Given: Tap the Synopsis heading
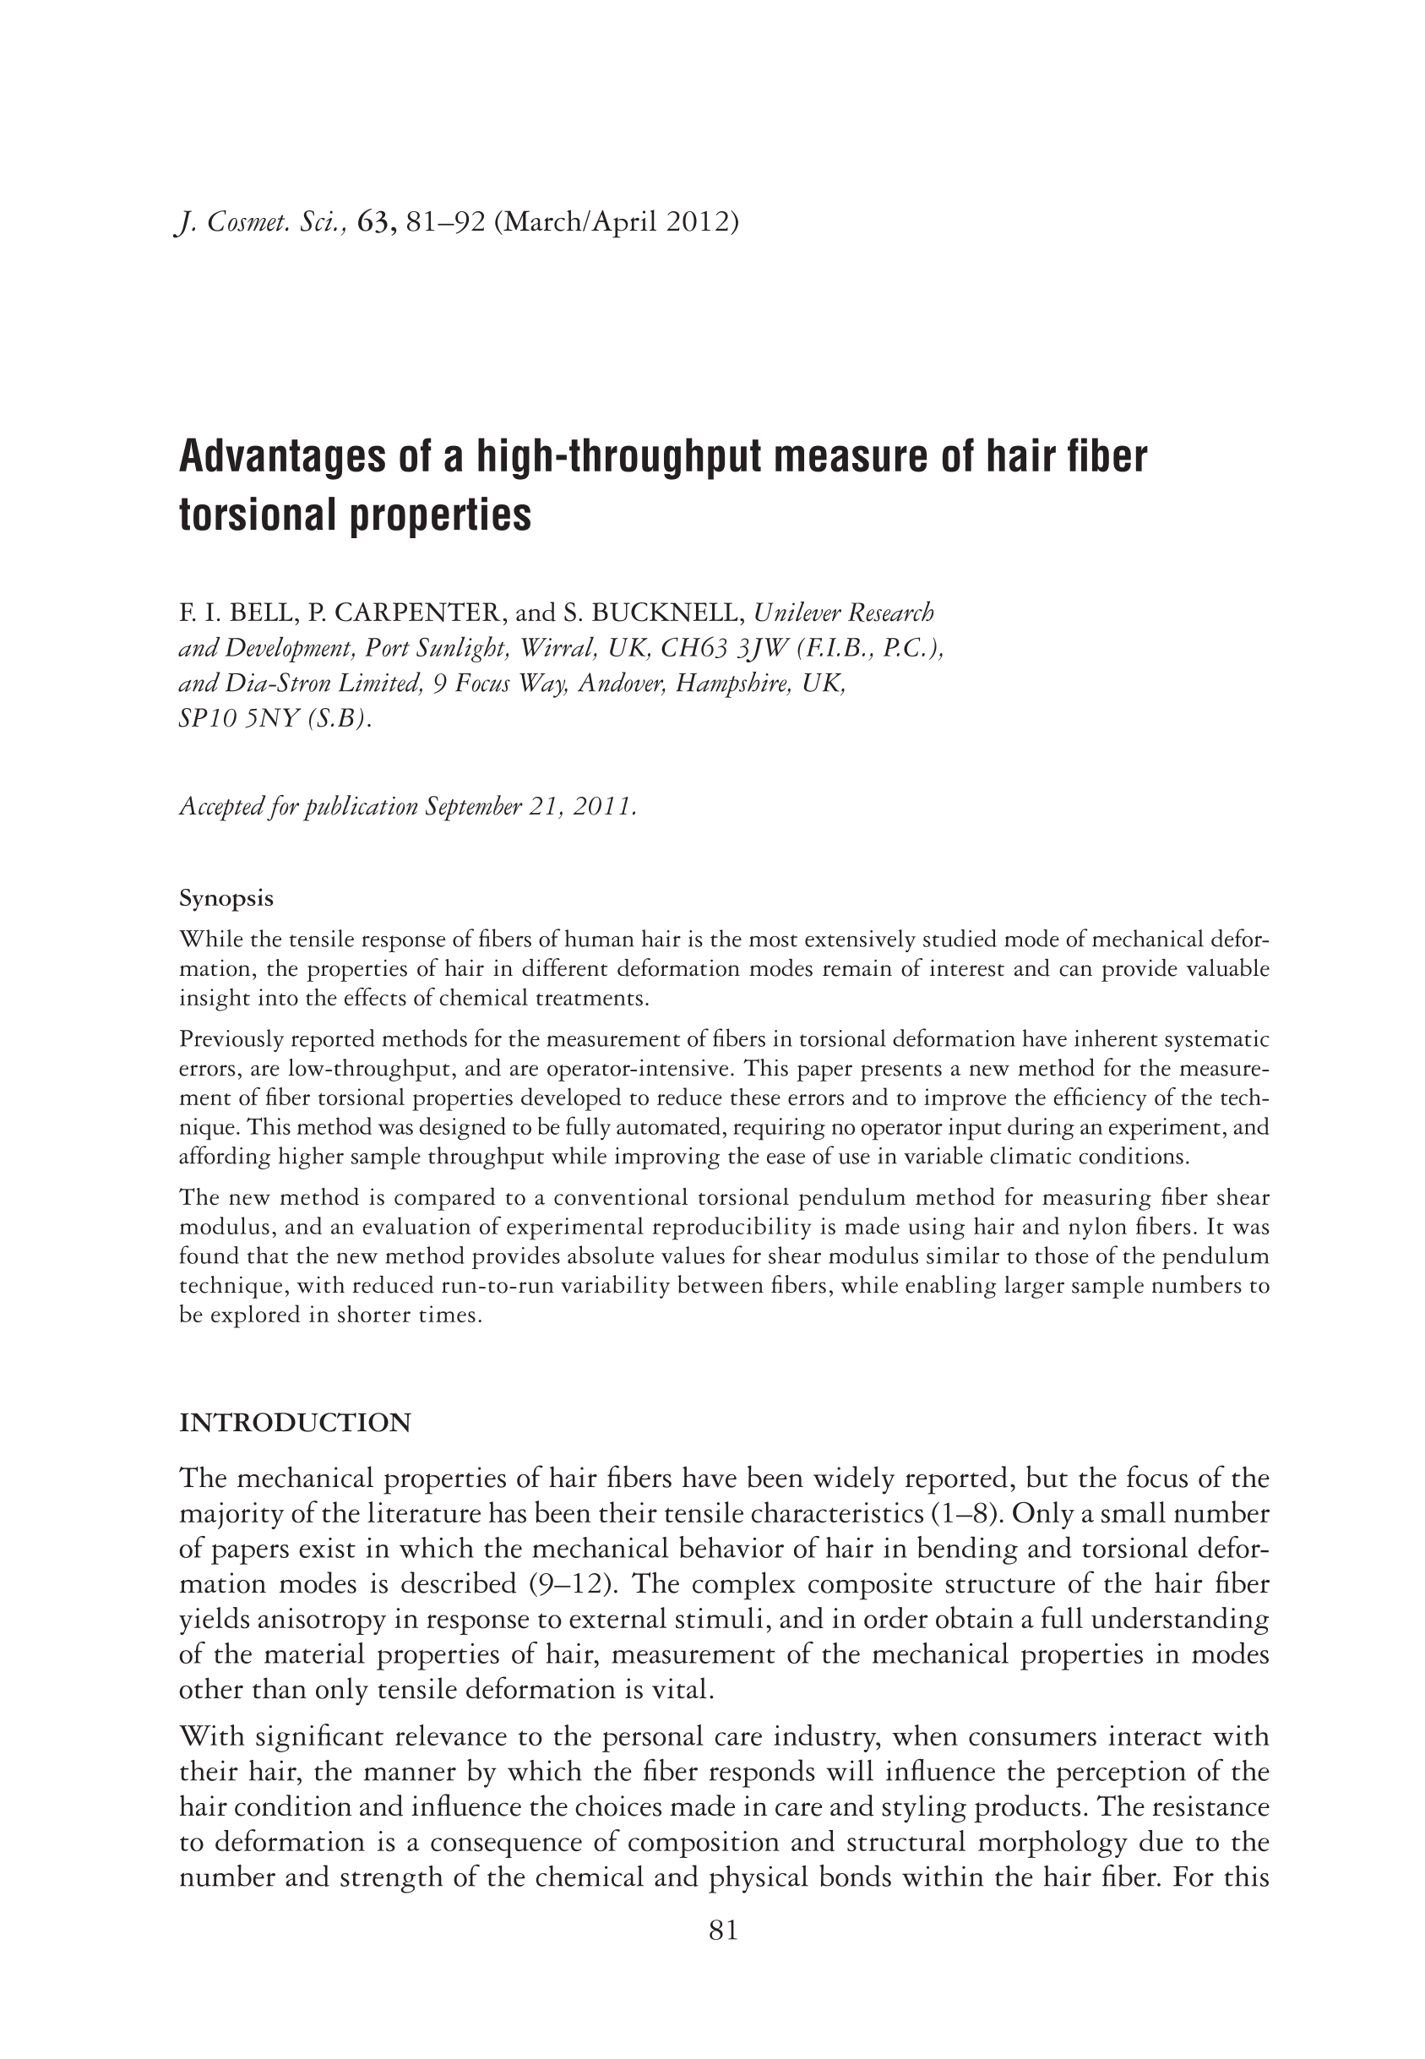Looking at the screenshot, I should [x=226, y=897].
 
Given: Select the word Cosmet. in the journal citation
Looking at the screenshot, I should [x=249, y=221].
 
